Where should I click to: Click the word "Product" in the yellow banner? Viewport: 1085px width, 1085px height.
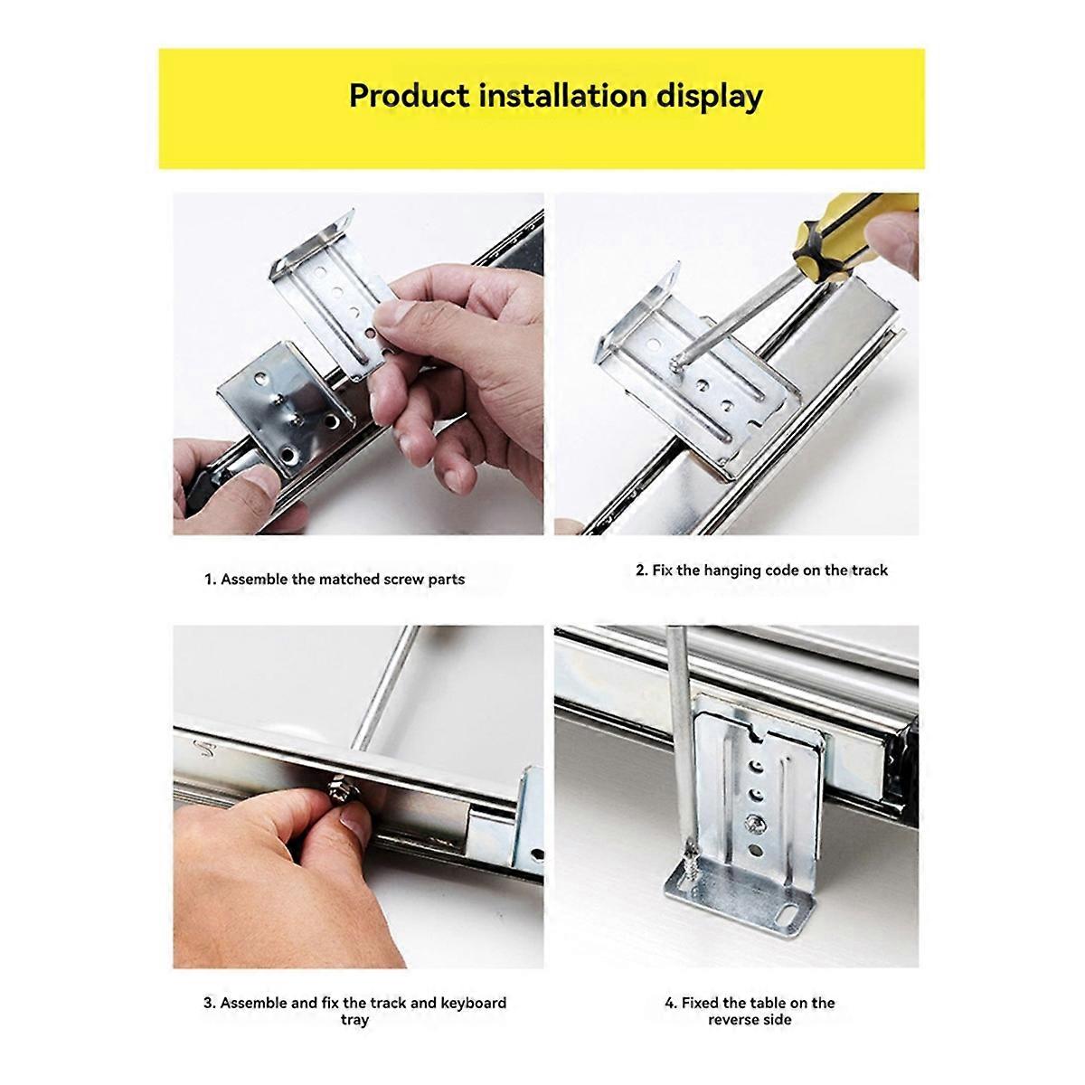(409, 95)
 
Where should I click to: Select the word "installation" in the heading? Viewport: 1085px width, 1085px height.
(562, 95)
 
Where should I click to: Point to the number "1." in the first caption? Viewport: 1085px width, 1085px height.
(211, 580)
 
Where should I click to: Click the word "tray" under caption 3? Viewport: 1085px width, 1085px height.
(354, 1020)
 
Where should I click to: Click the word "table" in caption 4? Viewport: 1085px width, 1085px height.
(768, 1003)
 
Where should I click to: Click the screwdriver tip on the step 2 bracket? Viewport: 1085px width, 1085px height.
(676, 366)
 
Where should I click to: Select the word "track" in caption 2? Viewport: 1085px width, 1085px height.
(869, 571)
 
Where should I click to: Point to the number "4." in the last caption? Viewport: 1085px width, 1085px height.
(671, 1004)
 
